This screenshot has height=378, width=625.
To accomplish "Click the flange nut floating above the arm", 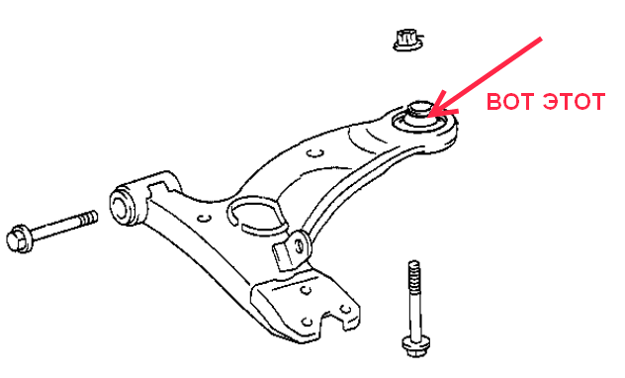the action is (x=407, y=41).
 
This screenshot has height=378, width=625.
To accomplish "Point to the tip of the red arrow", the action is (x=429, y=116).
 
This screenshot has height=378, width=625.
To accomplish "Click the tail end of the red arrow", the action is (x=541, y=39).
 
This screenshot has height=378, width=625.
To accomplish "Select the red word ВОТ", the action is (x=511, y=101).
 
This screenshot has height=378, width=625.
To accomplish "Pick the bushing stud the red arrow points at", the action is (x=420, y=109).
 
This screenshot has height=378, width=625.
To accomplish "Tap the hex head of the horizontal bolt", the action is (x=20, y=238).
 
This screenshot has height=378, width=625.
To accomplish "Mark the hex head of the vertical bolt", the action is (x=415, y=345).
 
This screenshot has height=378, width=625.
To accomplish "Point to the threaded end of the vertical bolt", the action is (x=414, y=277).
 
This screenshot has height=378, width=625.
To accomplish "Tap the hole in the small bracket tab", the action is (x=299, y=244).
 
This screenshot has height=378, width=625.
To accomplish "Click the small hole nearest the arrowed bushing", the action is (x=315, y=153).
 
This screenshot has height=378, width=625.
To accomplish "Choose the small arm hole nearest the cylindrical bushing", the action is (x=205, y=218).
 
